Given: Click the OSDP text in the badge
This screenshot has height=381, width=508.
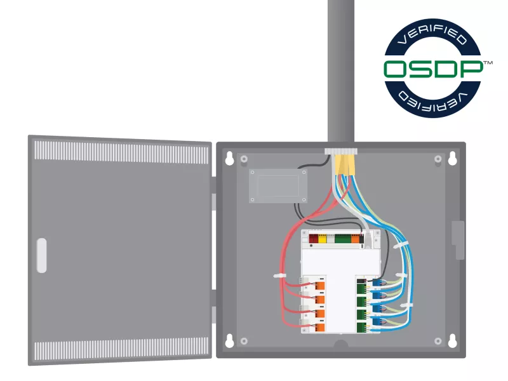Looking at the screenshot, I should click(434, 69).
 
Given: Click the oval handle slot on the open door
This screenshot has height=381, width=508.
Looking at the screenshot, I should click(42, 255).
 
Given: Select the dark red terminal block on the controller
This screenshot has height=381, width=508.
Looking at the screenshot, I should click(313, 240).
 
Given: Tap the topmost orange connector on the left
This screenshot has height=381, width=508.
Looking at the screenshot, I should click(321, 286).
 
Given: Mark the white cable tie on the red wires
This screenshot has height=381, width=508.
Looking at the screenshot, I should click(279, 276).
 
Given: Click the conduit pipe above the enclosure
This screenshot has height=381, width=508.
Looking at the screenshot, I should click(340, 70).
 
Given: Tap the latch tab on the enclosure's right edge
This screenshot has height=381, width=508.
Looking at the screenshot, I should click(458, 240).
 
